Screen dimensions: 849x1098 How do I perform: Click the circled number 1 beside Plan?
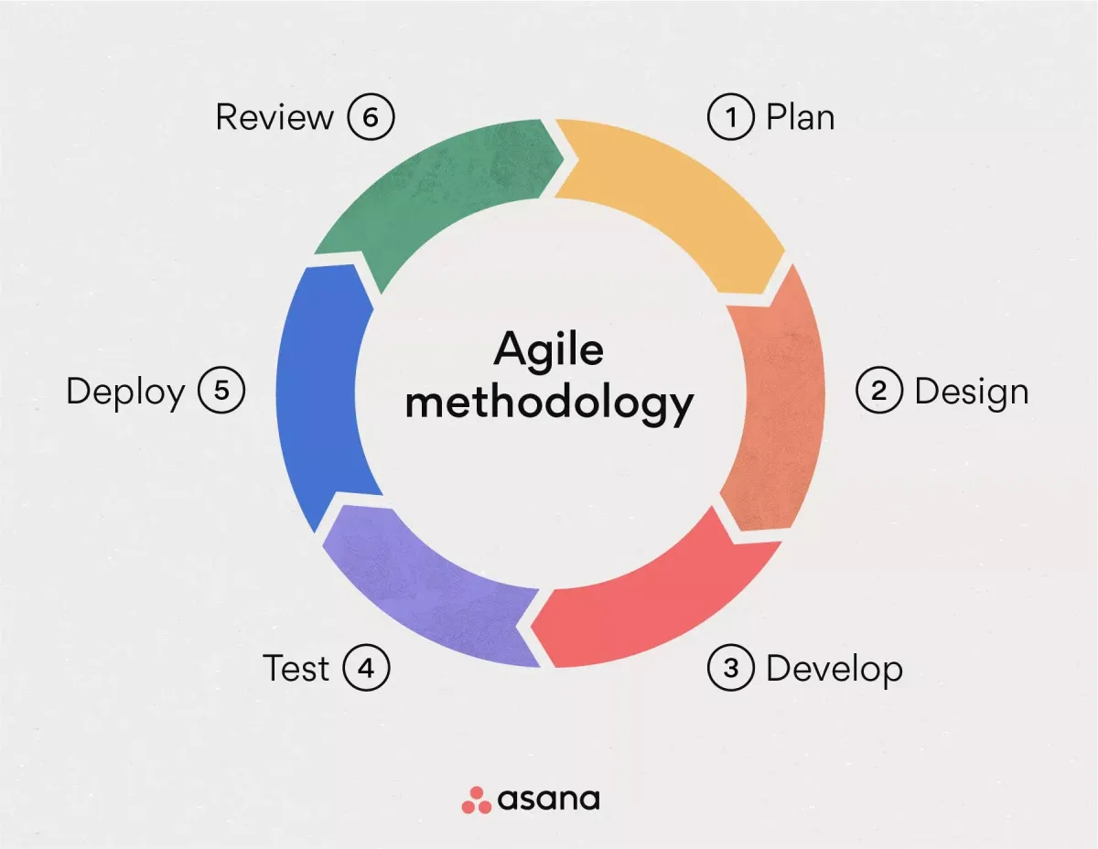point(731,118)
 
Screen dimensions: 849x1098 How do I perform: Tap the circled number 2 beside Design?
point(879,392)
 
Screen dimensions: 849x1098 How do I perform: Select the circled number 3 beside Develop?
point(731,669)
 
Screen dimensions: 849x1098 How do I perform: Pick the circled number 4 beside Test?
point(366,669)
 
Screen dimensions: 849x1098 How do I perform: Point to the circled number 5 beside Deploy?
point(221,392)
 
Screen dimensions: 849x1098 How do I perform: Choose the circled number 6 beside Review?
point(371,118)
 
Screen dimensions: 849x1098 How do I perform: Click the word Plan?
point(800,118)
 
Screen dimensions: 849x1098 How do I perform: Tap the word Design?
point(971,392)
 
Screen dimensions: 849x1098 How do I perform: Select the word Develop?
point(834,669)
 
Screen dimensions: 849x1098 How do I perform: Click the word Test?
point(296,669)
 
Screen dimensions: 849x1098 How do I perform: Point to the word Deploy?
point(125,392)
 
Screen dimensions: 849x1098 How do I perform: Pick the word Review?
point(274,118)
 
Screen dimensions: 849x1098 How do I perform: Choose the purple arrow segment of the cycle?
point(421,586)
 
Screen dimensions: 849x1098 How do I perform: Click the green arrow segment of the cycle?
point(430,192)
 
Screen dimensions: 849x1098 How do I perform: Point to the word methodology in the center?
point(549,403)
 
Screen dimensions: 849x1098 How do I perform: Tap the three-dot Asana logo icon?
point(476,799)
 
